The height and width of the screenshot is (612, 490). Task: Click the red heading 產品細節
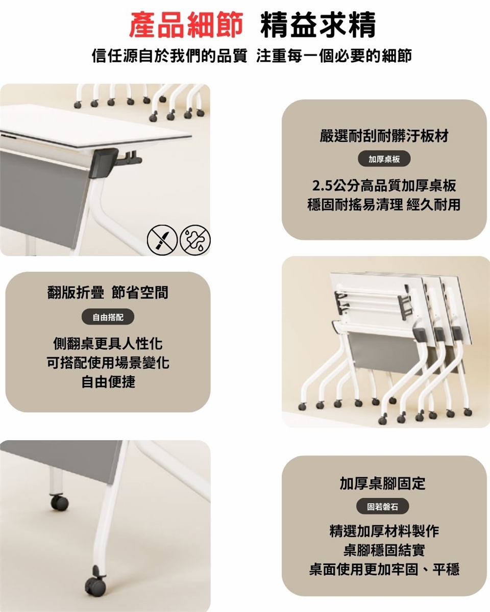pos(186,25)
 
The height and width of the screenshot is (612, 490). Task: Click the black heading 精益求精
pos(318,25)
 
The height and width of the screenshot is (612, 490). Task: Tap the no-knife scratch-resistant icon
pos(162,240)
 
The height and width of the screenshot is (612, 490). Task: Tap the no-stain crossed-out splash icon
pos(195,240)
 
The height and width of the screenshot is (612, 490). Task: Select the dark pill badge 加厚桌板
pos(384,159)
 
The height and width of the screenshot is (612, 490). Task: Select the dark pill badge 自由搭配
pos(108,317)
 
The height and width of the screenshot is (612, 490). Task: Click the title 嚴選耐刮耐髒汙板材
pos(384,136)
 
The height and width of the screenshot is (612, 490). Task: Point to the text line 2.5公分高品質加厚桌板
pos(384,186)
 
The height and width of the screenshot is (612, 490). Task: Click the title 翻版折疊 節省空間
pos(108,292)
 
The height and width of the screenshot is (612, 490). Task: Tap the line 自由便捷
pos(108,381)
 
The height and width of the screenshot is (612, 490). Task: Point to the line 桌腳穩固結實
pos(384,550)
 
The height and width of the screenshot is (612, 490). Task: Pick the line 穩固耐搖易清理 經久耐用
pos(384,205)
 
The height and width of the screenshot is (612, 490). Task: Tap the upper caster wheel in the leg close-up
pos(60,502)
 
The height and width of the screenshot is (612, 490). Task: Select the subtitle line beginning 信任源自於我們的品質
pos(252,56)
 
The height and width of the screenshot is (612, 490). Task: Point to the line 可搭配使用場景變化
pos(108,363)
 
